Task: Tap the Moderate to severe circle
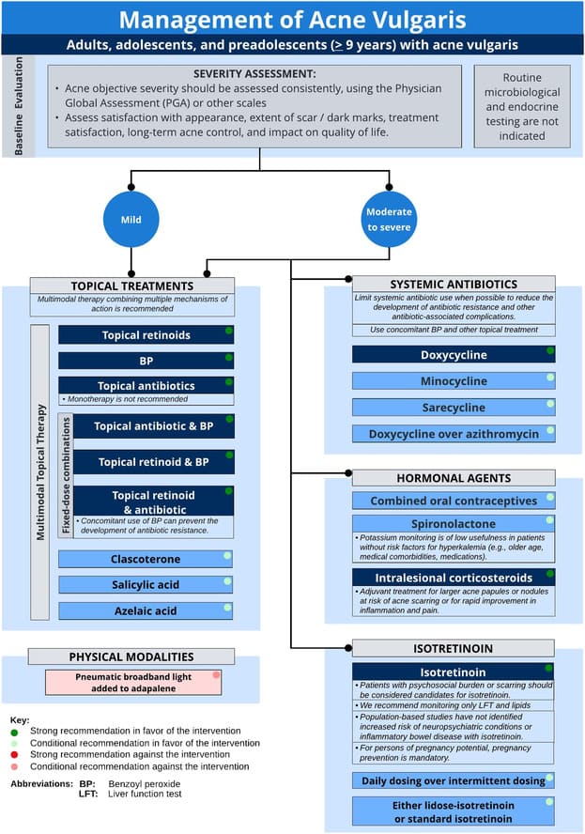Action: tap(388, 220)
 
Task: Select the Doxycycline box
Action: tap(454, 355)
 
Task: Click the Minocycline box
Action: tap(454, 381)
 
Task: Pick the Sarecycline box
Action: tap(454, 408)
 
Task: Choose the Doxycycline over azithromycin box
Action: tap(454, 434)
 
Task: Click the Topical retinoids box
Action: tap(145, 335)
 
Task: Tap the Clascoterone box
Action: tap(145, 559)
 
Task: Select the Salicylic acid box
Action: tap(145, 584)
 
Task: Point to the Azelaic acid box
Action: tap(145, 610)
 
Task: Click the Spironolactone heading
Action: tap(454, 524)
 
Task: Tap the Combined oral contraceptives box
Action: tap(454, 501)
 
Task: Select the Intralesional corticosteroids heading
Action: tap(454, 578)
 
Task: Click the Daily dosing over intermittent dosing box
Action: tap(454, 780)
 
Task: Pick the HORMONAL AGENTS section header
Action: tap(454, 477)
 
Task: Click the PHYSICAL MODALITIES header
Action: tap(131, 656)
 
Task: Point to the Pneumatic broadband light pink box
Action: tap(133, 682)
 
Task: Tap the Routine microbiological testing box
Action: tap(522, 106)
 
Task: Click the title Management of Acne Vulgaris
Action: tap(292, 19)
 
